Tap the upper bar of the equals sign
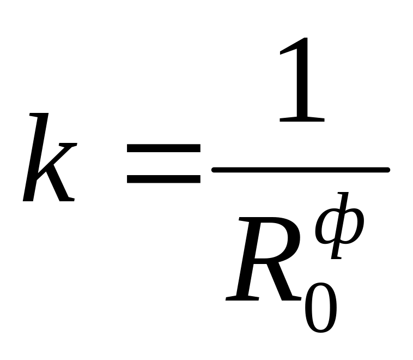(x=163, y=148)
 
